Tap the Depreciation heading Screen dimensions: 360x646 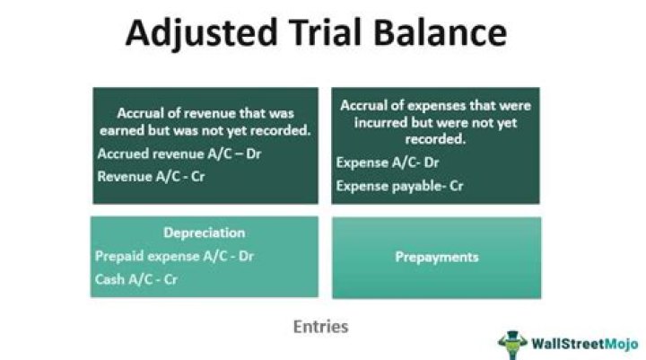204,233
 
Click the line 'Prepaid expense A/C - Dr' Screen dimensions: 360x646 174,256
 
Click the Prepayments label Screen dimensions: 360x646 436,257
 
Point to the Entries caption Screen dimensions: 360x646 320,327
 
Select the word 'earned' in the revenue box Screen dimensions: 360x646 135,130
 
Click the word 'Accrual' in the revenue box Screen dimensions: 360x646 141,114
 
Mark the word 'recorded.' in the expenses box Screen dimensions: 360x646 435,141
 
